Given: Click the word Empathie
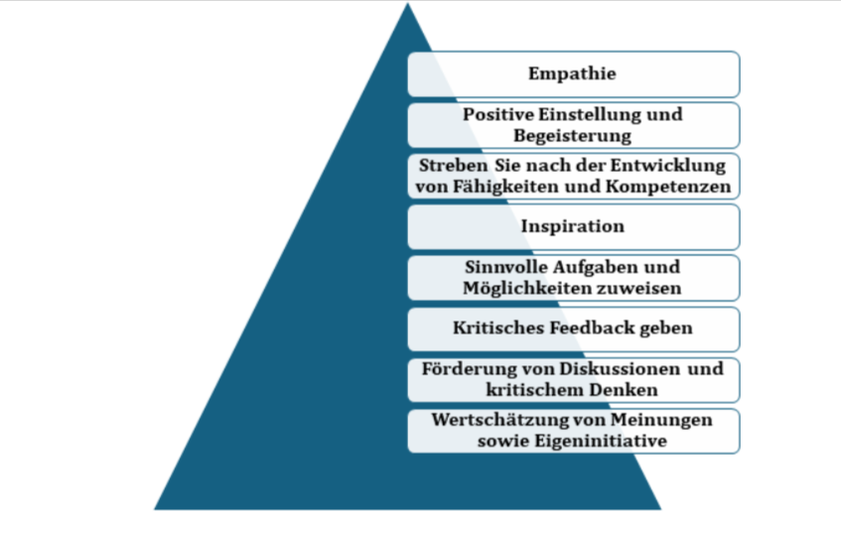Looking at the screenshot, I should click(573, 74).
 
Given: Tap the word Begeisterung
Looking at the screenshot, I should click(573, 135).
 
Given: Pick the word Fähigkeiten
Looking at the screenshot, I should click(494, 186).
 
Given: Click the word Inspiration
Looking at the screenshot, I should click(573, 226).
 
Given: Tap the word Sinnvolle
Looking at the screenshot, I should click(504, 267).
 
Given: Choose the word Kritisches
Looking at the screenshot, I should click(493, 328).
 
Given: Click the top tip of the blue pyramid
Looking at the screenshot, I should click(407, 5).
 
